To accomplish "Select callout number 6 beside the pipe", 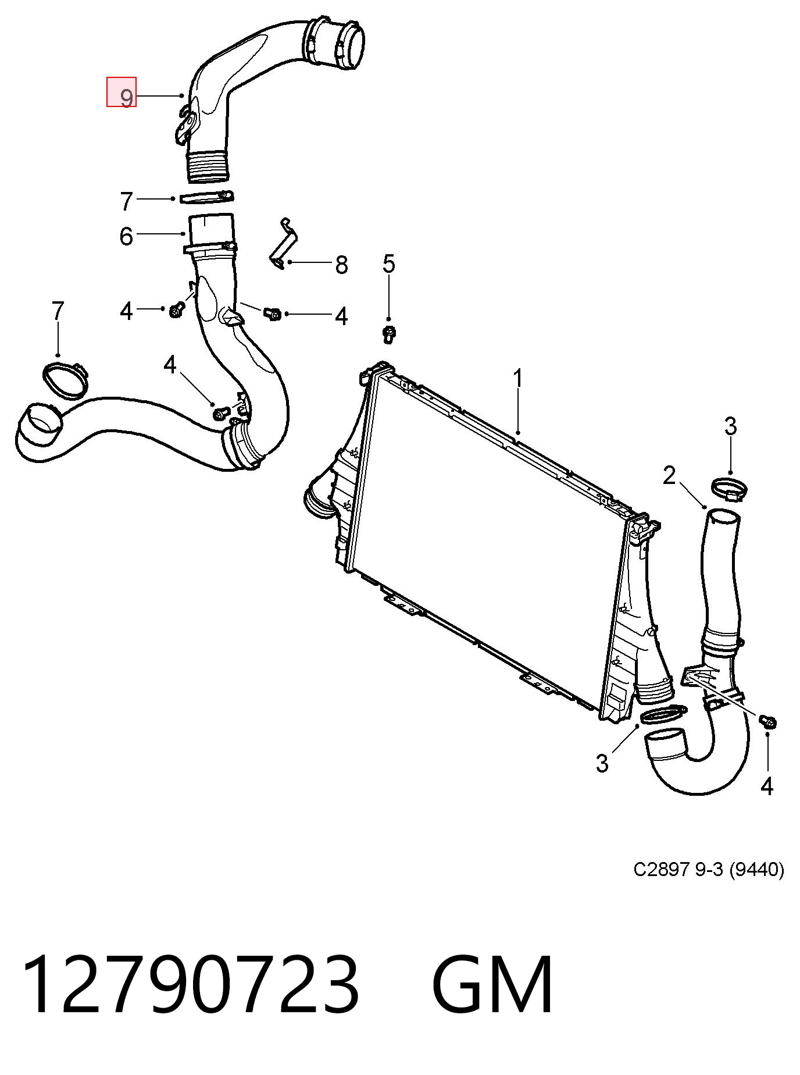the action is coord(126,237).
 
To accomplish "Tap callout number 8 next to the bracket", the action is coord(341,265).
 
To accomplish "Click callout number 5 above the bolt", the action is coord(388,264).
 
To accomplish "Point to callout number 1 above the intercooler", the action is coord(517,379).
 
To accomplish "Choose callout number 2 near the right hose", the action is coord(669,475).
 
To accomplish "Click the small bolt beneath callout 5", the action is coord(388,333).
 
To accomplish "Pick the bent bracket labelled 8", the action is coord(284,244).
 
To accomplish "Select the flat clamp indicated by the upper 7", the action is coord(207,198).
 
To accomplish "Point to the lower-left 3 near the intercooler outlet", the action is coord(602,762).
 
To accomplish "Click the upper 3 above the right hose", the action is coord(730,426).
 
